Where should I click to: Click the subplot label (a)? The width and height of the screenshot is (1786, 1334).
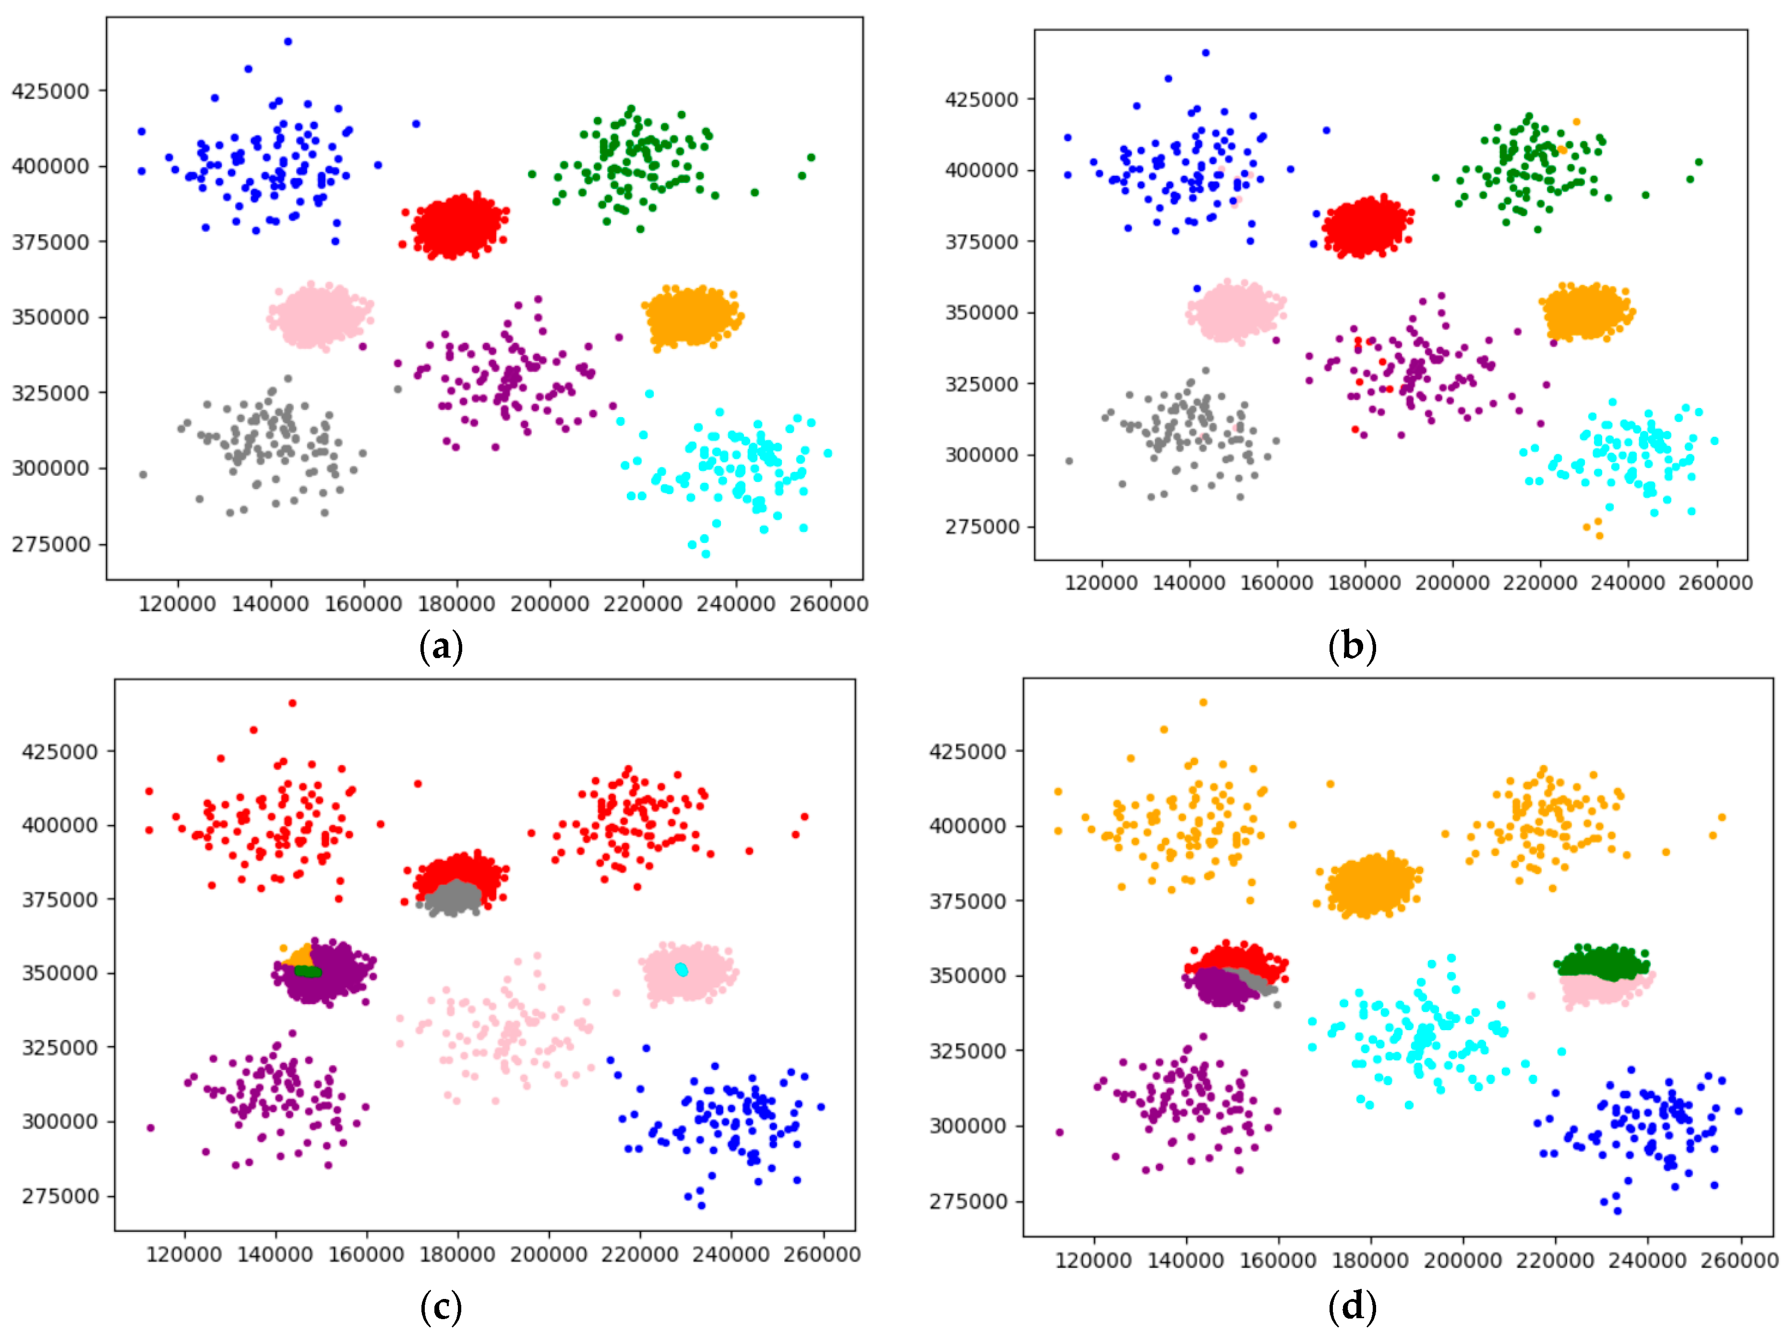tap(441, 647)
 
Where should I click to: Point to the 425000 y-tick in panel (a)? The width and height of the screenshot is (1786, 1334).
tap(50, 90)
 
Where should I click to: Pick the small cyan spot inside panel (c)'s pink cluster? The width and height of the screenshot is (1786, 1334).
tap(682, 969)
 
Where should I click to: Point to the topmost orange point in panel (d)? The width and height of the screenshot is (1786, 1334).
tap(1203, 703)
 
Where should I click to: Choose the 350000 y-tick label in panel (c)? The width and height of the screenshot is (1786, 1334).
tap(60, 972)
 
